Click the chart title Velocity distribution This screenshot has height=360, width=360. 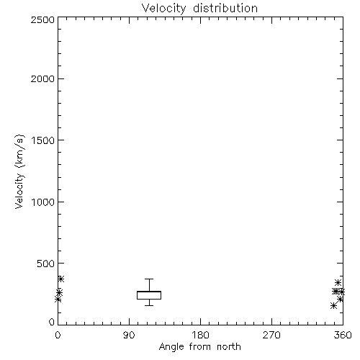tap(199, 8)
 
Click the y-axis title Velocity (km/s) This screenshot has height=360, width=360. tap(19, 172)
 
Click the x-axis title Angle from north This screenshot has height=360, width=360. tap(200, 347)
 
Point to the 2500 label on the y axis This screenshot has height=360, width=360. tap(42, 19)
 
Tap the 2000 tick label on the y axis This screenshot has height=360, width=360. tap(42, 78)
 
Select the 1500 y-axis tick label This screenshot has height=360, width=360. tap(43, 140)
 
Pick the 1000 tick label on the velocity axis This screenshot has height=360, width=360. tap(43, 202)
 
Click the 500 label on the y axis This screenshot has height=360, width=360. tap(46, 264)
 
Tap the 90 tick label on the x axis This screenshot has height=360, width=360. tap(129, 335)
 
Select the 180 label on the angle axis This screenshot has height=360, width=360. tap(200, 335)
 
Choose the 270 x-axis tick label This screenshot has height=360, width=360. tap(271, 335)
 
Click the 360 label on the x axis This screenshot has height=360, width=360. tap(343, 335)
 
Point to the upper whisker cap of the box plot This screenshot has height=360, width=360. tap(149, 279)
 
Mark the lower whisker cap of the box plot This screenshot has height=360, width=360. tap(149, 305)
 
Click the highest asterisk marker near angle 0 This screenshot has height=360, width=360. tap(60, 279)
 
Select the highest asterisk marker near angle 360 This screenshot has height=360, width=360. tap(338, 282)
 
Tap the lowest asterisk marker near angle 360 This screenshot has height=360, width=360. tap(333, 305)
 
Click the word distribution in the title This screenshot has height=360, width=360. tap(225, 8)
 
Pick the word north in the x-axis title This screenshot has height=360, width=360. tap(229, 347)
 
